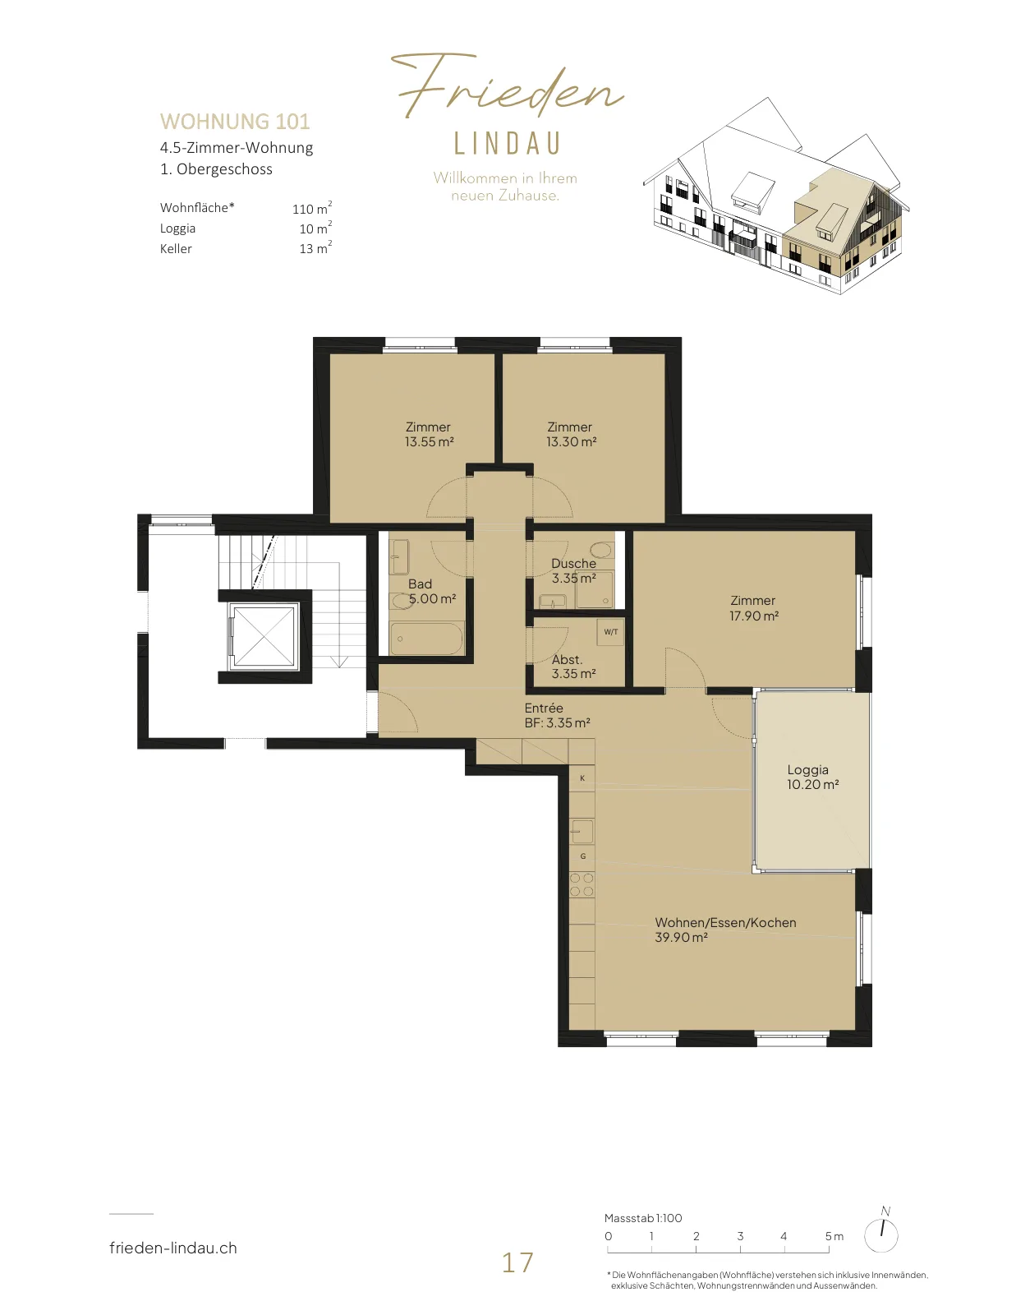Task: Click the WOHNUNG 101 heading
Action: [235, 122]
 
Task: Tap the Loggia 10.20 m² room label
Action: [812, 777]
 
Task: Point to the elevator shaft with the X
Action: [264, 636]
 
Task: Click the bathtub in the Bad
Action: [426, 639]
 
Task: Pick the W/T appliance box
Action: [611, 632]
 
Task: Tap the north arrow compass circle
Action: [881, 1235]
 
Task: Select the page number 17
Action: [517, 1262]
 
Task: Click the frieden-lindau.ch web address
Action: [173, 1248]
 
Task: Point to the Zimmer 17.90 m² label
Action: [753, 608]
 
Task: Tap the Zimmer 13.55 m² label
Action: [429, 435]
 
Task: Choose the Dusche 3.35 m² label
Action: [573, 570]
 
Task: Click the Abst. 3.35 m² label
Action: [573, 667]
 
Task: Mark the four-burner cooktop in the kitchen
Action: [582, 884]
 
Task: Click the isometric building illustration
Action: [776, 196]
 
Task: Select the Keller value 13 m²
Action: [315, 247]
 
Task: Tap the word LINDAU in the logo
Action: [508, 144]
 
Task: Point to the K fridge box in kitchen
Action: [582, 777]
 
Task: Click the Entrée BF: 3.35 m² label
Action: [557, 715]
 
